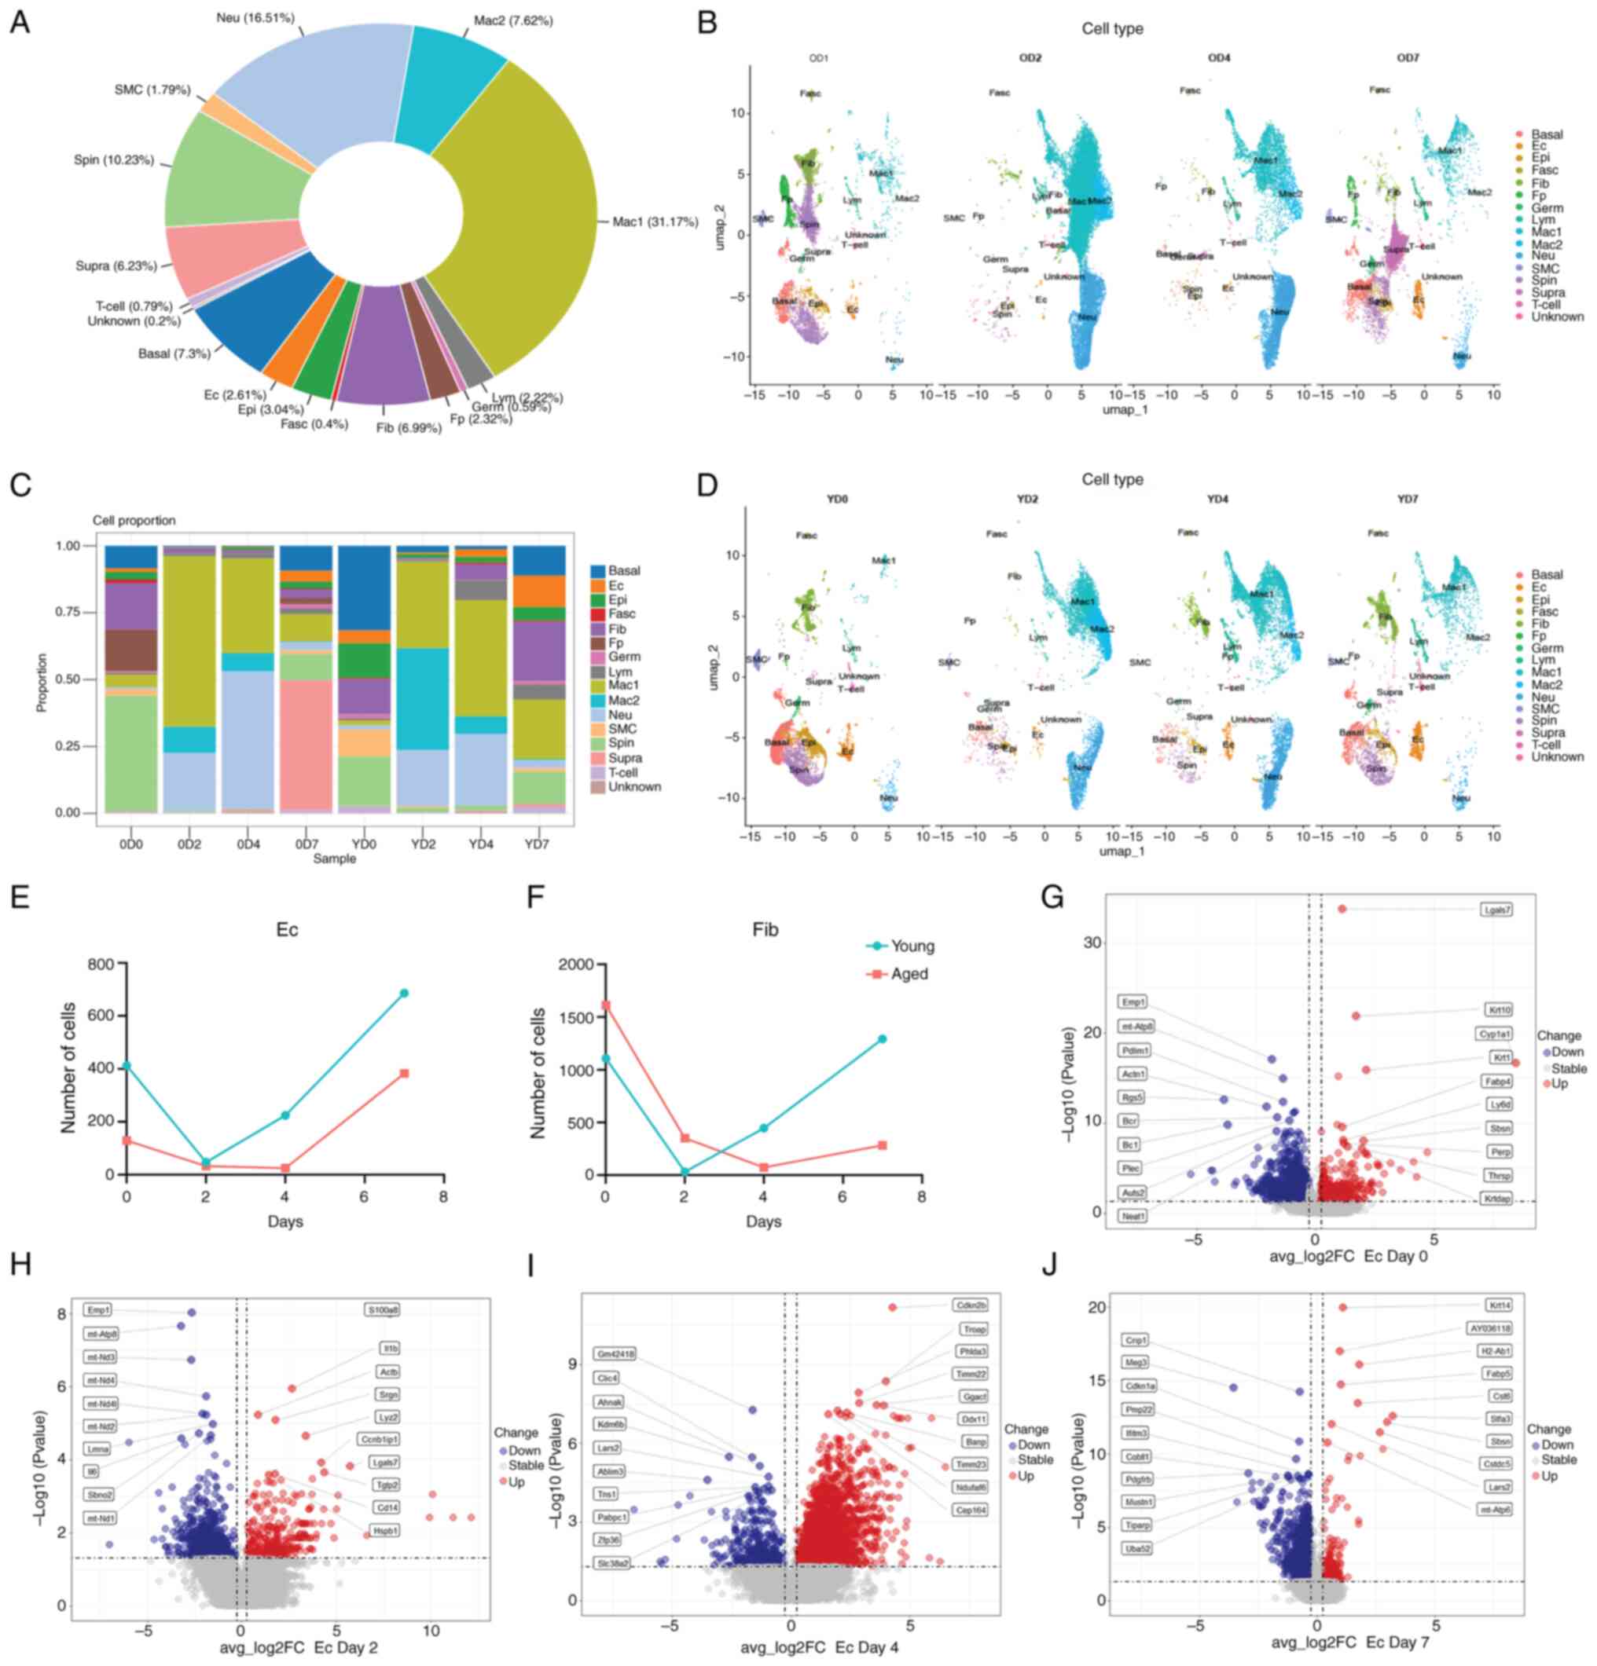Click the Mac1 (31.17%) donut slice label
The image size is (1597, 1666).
pyautogui.click(x=655, y=223)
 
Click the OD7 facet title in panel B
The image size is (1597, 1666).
pyautogui.click(x=1408, y=58)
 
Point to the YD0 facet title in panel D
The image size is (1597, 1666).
pyautogui.click(x=837, y=499)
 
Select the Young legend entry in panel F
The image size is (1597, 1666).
pyautogui.click(x=901, y=946)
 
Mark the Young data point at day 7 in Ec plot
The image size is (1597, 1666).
pyautogui.click(x=405, y=993)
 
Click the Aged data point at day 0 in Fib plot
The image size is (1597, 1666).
pyautogui.click(x=605, y=1005)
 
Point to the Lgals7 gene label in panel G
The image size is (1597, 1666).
pyautogui.click(x=1496, y=910)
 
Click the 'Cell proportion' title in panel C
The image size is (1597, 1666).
pyautogui.click(x=134, y=520)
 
